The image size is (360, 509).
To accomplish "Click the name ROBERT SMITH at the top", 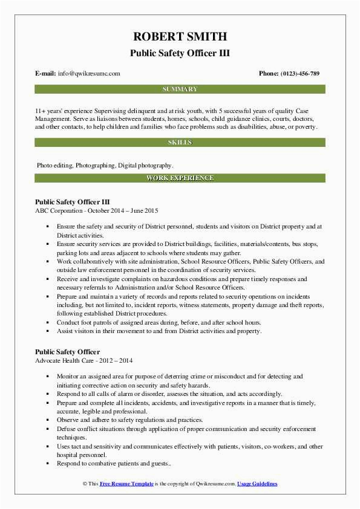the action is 180,37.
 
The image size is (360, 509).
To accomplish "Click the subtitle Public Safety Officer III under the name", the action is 180,53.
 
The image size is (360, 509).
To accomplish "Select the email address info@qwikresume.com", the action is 90,74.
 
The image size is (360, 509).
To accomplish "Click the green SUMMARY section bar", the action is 180,89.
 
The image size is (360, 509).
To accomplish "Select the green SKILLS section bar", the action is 180,143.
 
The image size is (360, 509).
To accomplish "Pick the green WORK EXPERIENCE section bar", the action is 180,178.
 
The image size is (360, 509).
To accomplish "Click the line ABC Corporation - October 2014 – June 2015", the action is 97,210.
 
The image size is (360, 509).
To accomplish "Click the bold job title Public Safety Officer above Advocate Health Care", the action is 67,352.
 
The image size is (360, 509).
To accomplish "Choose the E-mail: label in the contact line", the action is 46,74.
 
